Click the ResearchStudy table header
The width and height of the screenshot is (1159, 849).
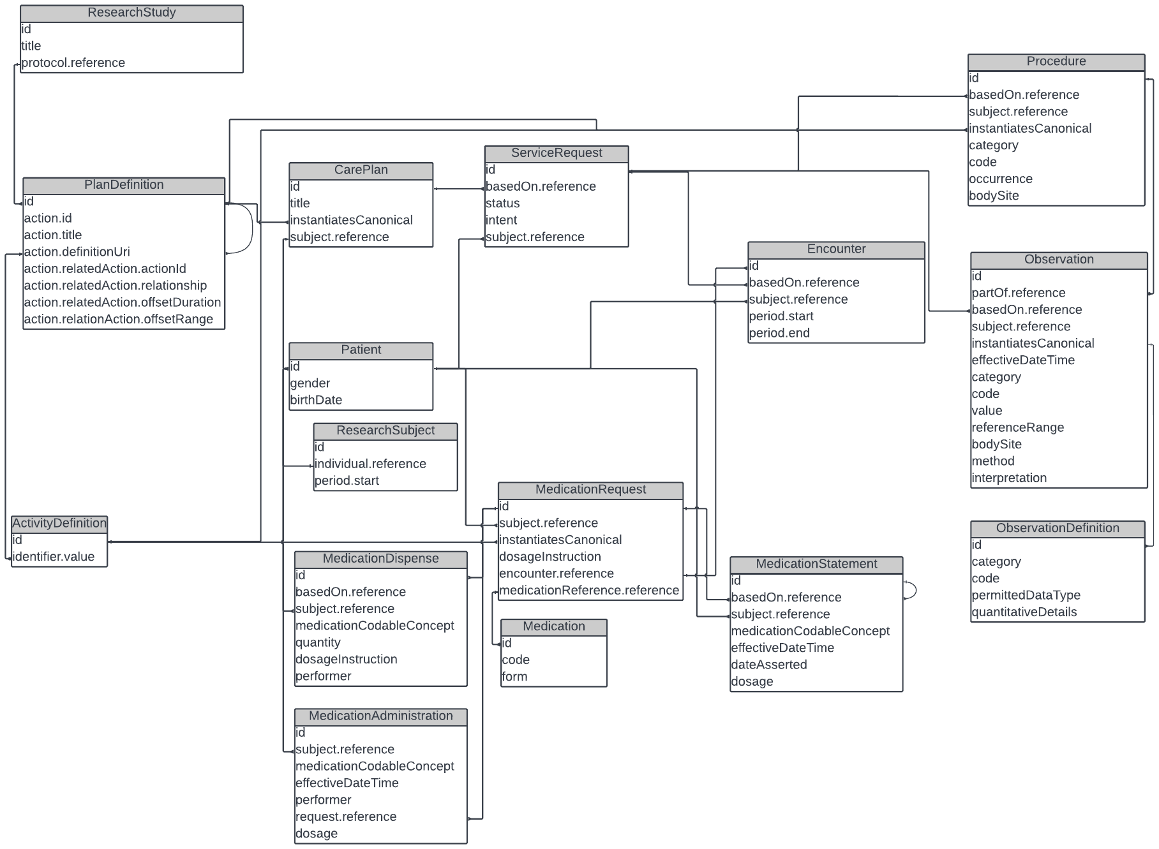131,13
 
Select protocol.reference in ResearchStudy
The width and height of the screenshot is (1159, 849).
73,63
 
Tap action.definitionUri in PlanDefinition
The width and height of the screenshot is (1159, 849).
77,251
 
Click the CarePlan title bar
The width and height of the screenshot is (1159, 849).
361,170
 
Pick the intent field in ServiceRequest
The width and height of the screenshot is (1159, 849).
502,220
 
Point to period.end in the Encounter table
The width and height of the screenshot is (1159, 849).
779,333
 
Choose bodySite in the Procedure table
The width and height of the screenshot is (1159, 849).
994,196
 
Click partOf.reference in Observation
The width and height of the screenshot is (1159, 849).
1019,293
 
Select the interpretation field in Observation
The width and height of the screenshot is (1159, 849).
1009,478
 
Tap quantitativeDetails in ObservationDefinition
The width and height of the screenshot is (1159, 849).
1024,612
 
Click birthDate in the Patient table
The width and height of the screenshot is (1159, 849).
317,400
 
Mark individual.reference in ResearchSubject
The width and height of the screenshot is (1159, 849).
370,464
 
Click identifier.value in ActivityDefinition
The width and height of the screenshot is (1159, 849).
54,557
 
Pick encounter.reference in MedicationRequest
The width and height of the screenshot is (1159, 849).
557,573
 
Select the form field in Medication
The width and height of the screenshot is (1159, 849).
514,677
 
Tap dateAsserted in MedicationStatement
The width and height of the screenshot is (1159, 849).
769,665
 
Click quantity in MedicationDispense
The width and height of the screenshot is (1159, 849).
318,642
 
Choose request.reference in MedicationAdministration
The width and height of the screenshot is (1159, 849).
346,816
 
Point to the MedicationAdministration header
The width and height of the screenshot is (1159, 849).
380,716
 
